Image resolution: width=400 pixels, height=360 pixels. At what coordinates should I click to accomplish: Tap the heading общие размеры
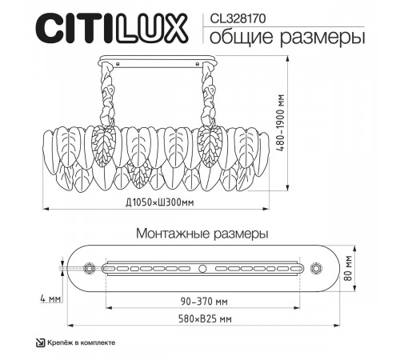pyautogui.click(x=278, y=37)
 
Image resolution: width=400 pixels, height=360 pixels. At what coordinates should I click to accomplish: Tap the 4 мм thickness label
pyautogui.click(x=51, y=300)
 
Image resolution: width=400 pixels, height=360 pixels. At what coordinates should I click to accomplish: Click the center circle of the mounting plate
pyautogui.click(x=202, y=267)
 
